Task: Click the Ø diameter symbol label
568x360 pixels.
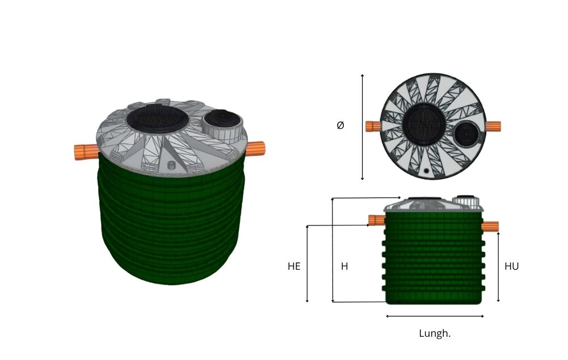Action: tap(340, 125)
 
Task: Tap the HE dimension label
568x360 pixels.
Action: tap(294, 266)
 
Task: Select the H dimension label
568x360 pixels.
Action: tap(344, 266)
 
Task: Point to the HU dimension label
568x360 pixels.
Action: tap(511, 266)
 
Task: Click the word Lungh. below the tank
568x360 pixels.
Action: tap(435, 333)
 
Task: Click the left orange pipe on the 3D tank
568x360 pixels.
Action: tap(86, 151)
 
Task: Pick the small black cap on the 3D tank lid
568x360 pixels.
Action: tap(221, 118)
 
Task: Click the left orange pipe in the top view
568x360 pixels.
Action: tap(373, 127)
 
